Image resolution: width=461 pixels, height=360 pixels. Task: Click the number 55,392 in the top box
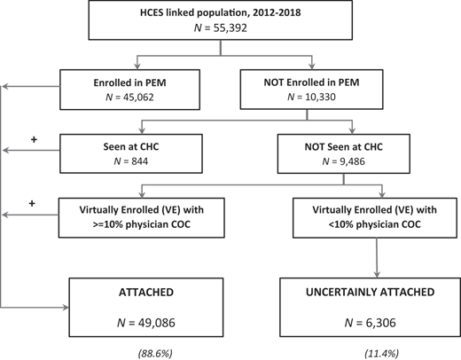230,28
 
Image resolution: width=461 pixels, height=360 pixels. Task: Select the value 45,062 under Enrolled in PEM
138,98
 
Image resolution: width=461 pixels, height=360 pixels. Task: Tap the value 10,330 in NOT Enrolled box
320,97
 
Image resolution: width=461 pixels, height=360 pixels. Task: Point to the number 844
140,161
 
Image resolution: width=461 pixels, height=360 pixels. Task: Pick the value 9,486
352,161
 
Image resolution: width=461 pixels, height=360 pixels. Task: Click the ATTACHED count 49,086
156,323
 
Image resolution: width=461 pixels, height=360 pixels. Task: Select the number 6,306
380,323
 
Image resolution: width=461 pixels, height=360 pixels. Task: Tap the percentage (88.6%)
155,353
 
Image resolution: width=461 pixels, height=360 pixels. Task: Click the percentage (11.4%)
381,353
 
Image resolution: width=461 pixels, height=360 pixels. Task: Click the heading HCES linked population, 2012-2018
221,12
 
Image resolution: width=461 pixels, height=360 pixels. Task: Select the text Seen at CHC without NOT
131,146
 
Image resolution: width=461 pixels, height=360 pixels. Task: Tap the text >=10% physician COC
142,224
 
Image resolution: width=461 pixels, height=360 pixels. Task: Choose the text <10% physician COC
374,224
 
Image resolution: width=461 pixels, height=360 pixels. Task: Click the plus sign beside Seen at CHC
34,139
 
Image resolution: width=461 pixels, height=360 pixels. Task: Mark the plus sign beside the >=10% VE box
32,203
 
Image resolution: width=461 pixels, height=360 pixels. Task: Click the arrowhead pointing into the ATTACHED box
66,308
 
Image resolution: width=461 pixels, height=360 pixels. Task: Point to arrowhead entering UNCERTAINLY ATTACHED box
377,275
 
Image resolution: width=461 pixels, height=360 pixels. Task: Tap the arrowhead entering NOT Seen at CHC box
352,130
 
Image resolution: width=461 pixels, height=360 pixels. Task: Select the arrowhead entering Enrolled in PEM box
137,67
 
